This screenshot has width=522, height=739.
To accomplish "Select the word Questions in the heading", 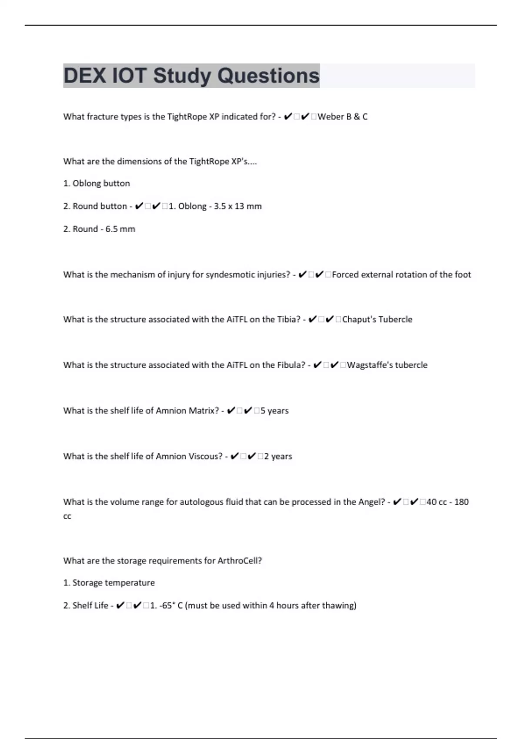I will coord(268,76).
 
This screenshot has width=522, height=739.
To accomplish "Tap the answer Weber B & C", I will coord(342,117).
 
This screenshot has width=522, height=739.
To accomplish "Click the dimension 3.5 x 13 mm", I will coord(238,206).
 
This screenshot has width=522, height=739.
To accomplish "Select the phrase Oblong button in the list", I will coord(101,183).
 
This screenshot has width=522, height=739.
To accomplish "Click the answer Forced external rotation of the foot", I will coord(401,275).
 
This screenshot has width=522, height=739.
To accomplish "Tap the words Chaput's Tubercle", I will coord(377,320).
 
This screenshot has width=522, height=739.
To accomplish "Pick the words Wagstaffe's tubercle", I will coord(387,365).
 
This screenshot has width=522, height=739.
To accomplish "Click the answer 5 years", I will coord(274,411).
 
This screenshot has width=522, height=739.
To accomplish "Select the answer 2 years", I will coord(278,456).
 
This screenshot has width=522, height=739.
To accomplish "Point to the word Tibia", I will coord(288,320).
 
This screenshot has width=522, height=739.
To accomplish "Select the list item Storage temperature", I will coord(113,583).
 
